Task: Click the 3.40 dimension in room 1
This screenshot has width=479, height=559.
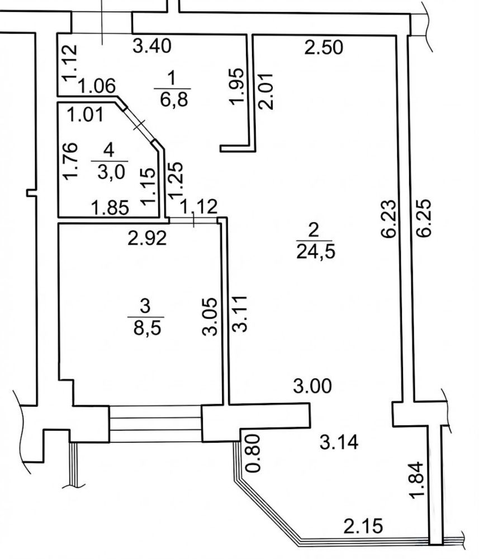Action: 152,46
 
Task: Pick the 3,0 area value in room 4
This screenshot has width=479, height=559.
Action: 110,168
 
